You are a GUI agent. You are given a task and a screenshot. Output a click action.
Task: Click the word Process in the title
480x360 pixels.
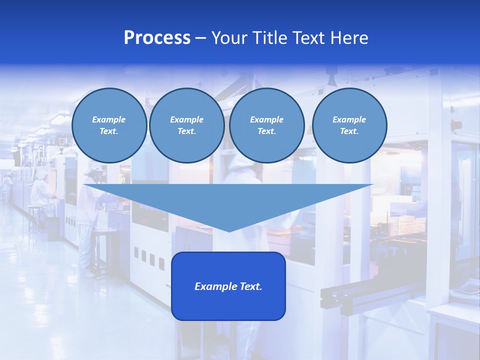(x=157, y=38)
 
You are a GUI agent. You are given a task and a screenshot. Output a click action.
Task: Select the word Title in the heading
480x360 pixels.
(x=270, y=38)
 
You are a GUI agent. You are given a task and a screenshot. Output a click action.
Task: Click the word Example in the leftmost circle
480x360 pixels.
(x=109, y=119)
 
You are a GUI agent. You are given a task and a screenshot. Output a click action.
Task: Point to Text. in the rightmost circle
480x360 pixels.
(x=349, y=131)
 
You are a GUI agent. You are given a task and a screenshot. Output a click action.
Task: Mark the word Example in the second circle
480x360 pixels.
(x=186, y=119)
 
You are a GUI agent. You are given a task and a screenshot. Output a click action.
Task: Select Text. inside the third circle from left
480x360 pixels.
(x=266, y=131)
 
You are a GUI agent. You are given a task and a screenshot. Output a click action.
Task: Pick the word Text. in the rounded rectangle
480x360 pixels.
(x=250, y=286)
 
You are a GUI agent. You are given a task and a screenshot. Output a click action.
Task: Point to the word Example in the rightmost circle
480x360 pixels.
(x=349, y=119)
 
